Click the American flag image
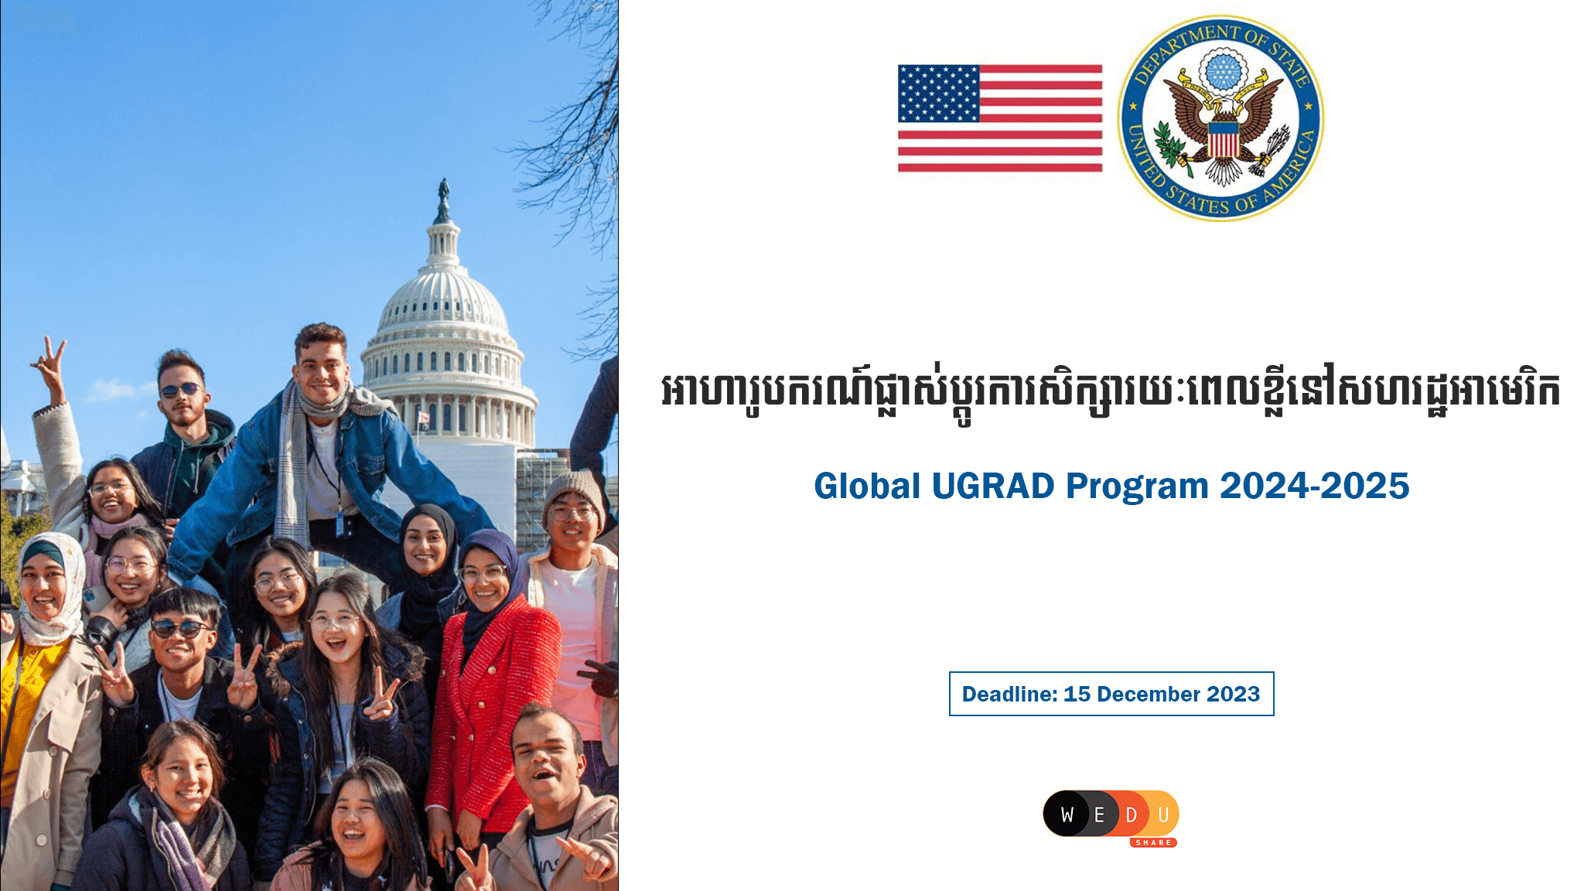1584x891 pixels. coord(999,118)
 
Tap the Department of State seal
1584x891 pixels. coord(1220,118)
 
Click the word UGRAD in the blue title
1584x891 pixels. coord(992,486)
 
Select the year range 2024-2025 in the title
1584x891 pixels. coord(1314,486)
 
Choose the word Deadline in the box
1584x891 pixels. coord(1008,694)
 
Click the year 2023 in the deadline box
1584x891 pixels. coord(1233,694)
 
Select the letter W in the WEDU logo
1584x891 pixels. coord(1067,814)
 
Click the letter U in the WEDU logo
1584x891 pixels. coord(1162,814)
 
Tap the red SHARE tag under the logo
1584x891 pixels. coord(1153,842)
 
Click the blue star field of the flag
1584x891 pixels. coord(938,94)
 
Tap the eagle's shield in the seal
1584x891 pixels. coord(1223,139)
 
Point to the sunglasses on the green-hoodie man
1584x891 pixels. coord(181,389)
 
